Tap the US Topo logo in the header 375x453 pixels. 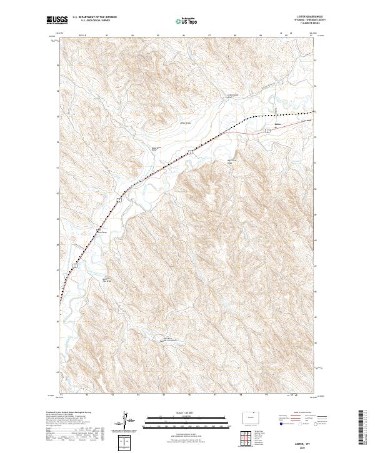pyautogui.click(x=187, y=21)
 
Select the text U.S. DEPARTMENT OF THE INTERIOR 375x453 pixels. pyautogui.click(x=94, y=17)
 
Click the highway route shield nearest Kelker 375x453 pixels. pyautogui.click(x=267, y=130)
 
